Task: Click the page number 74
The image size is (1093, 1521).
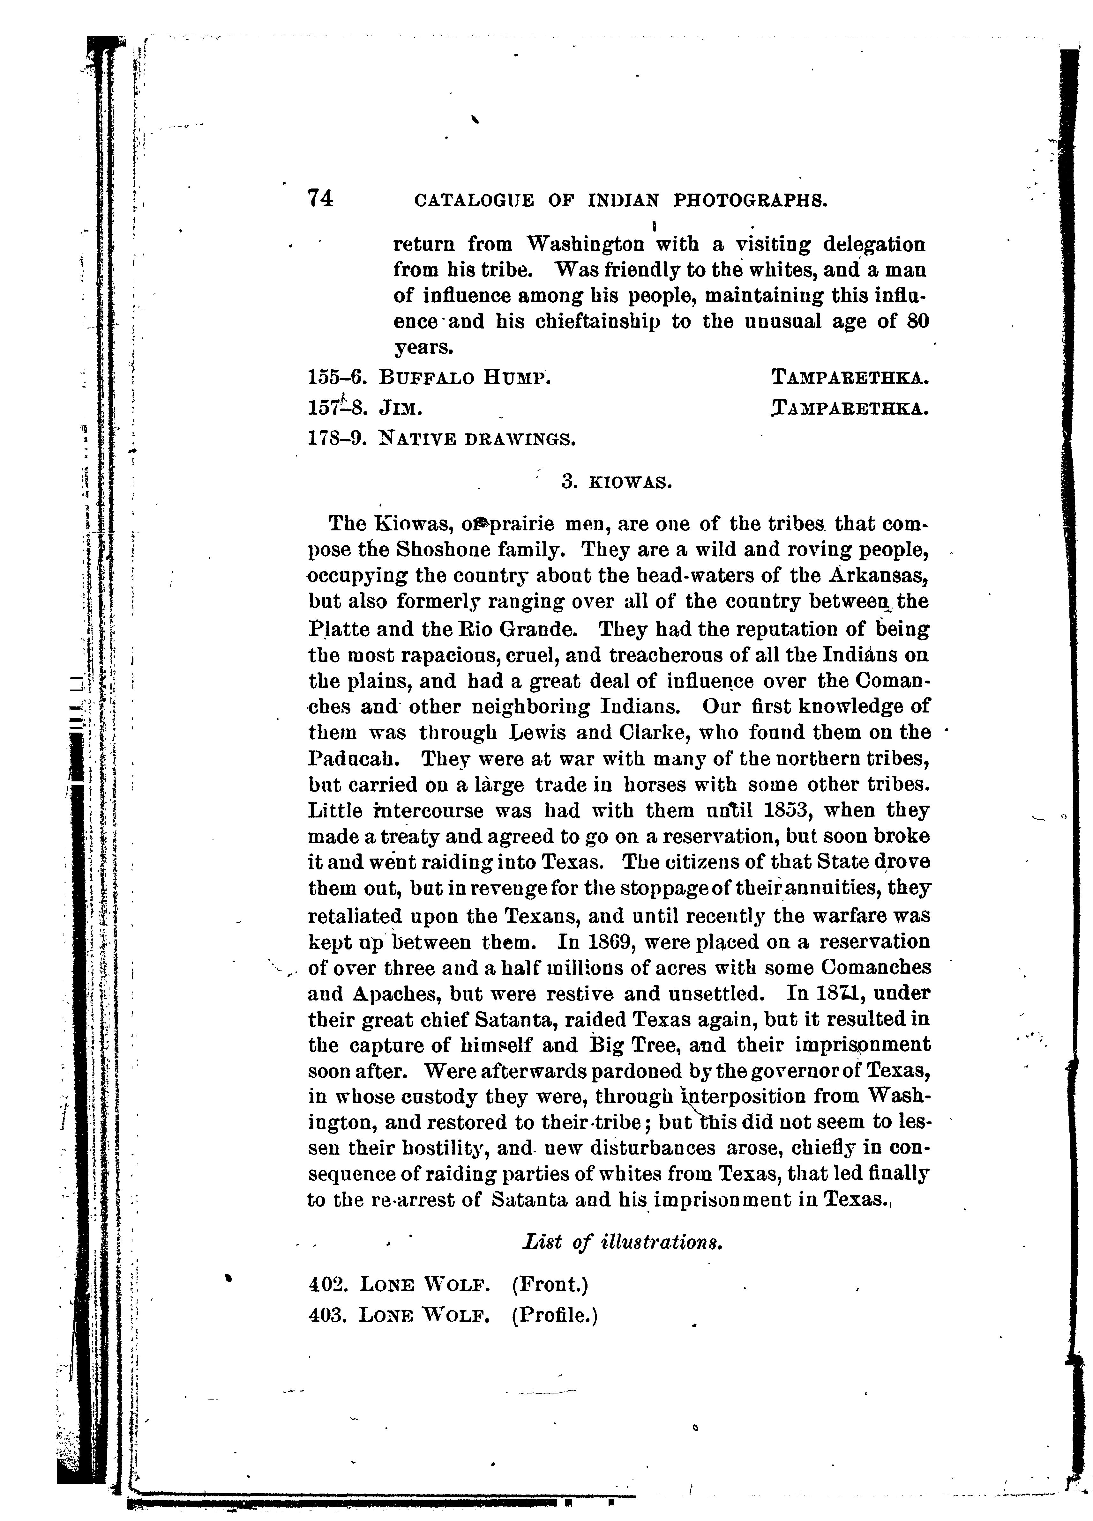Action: pos(320,198)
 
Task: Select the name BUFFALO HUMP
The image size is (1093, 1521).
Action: pos(464,378)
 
